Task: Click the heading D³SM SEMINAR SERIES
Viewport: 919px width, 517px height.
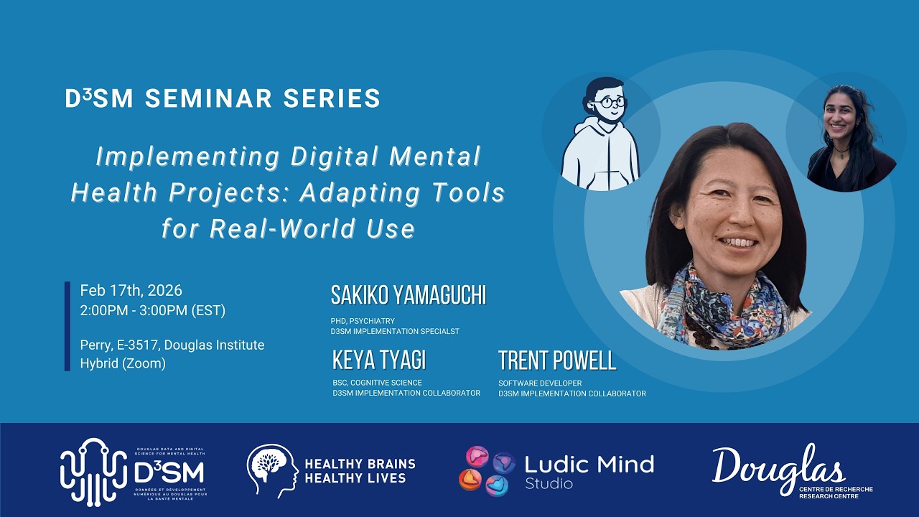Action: pyautogui.click(x=223, y=98)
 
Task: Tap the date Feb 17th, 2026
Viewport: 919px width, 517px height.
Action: pyautogui.click(x=131, y=291)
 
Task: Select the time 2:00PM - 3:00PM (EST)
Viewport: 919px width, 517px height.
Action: pyautogui.click(x=153, y=310)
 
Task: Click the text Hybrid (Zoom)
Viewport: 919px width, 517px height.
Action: pyautogui.click(x=123, y=363)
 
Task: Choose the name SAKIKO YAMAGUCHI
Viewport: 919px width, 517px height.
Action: pyautogui.click(x=409, y=295)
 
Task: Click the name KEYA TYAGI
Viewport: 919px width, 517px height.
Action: pyautogui.click(x=379, y=360)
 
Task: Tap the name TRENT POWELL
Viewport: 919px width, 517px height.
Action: pyautogui.click(x=557, y=360)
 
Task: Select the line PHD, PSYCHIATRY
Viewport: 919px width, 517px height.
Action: pyautogui.click(x=363, y=321)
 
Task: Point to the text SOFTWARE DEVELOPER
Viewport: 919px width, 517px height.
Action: pyautogui.click(x=540, y=383)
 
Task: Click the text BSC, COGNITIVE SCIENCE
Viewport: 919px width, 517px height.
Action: pyautogui.click(x=377, y=383)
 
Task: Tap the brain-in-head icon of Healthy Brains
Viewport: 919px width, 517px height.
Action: pyautogui.click(x=272, y=470)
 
